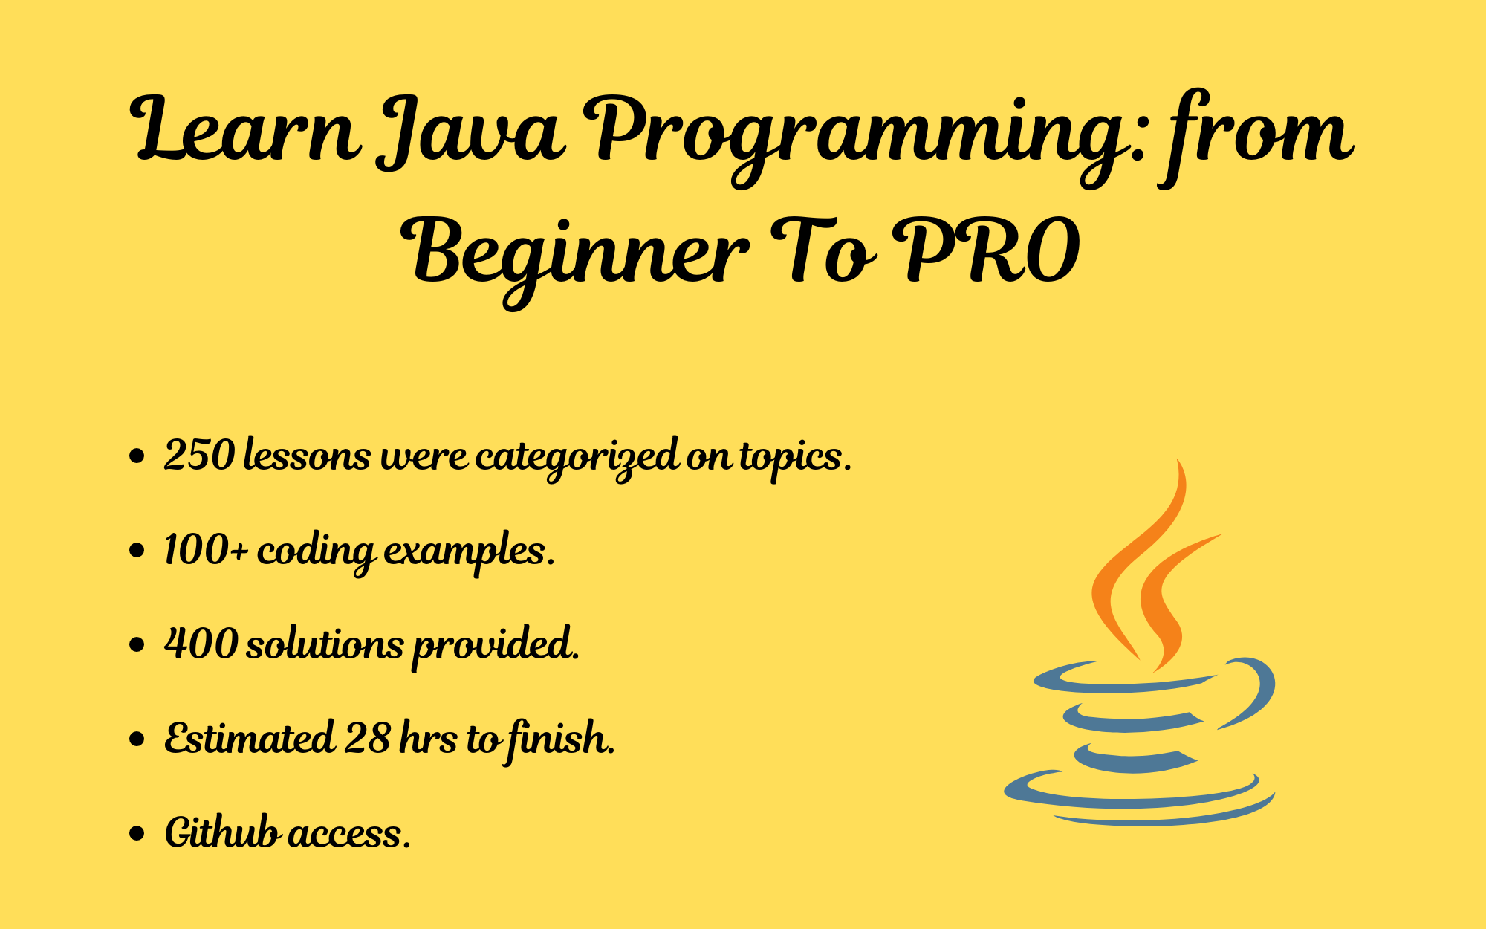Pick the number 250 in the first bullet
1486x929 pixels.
tap(199, 455)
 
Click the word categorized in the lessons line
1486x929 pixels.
tap(577, 457)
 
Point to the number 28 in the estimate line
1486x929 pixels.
tap(367, 738)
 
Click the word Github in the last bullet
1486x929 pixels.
tap(221, 832)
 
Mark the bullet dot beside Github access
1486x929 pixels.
tap(137, 834)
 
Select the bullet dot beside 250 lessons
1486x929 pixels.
tap(137, 456)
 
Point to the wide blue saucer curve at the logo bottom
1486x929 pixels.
tap(1137, 804)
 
